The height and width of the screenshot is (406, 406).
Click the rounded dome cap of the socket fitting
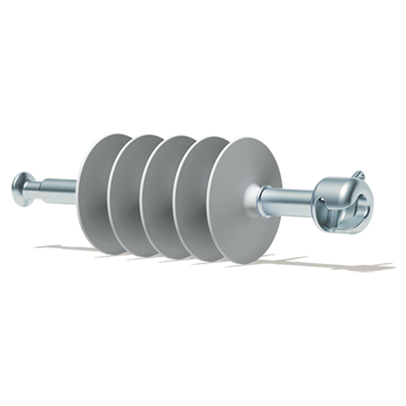[338, 187]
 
